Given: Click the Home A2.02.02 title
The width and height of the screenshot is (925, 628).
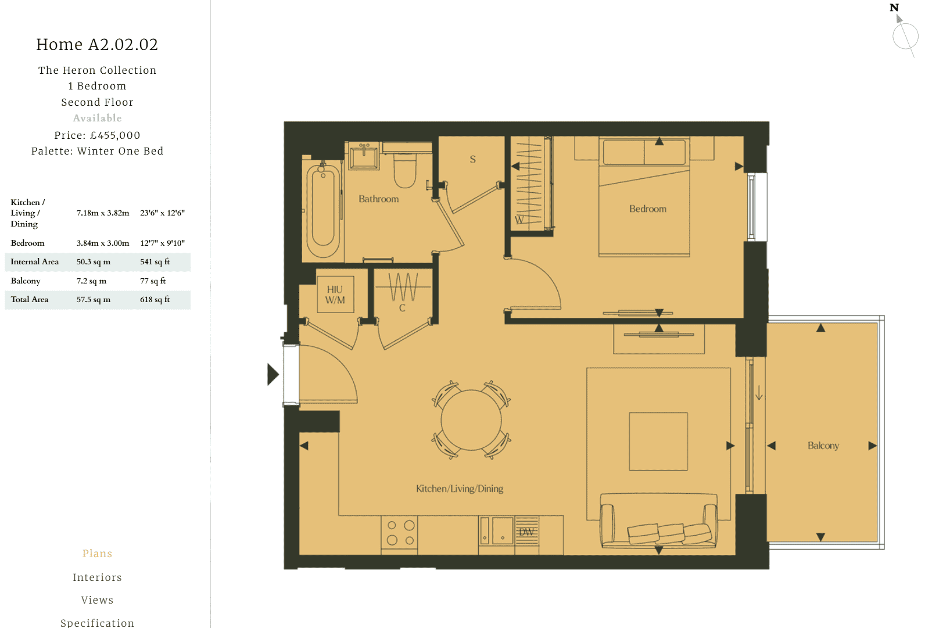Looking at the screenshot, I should (97, 45).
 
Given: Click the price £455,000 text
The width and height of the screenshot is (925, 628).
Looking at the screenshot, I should (115, 135).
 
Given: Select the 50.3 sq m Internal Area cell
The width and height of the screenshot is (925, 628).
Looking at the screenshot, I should (94, 262).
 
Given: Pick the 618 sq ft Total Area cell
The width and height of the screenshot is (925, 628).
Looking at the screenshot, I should (155, 300).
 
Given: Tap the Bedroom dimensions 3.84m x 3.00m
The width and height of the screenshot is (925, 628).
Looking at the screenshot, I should (103, 243).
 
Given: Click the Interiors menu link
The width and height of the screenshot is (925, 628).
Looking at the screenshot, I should (97, 577).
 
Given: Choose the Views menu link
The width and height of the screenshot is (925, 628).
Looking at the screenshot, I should (97, 600).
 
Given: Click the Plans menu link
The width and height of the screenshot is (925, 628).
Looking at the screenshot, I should (97, 554).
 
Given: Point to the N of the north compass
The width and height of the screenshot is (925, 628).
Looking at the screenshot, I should (894, 8).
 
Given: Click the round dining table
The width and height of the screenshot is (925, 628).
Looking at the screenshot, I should (471, 420).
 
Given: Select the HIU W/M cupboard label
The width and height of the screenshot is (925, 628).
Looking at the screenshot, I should (335, 295).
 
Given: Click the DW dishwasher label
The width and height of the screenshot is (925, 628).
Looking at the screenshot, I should (526, 532).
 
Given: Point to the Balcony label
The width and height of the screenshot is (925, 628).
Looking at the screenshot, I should (823, 446).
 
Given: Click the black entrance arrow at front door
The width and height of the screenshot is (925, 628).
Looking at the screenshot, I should (273, 374).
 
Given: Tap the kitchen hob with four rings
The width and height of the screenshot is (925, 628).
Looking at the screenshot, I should (400, 533).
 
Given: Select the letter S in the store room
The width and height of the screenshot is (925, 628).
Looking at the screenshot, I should (472, 159).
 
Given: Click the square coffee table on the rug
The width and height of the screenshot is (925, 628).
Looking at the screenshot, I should (658, 442).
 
